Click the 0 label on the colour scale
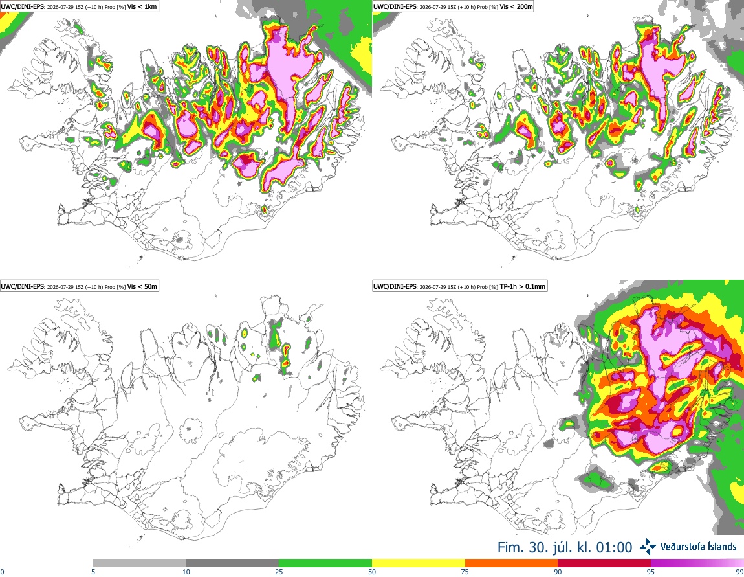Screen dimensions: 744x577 tap(2, 572)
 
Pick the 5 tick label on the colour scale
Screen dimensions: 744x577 tap(93, 572)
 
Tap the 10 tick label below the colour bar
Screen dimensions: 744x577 tap(186, 572)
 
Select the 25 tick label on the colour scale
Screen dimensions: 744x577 tap(279, 572)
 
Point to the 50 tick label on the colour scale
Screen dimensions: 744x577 tap(372, 572)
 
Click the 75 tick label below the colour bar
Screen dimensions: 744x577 tap(465, 572)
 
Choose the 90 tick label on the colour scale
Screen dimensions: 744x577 tap(558, 572)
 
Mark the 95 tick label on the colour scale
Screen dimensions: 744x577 tap(651, 572)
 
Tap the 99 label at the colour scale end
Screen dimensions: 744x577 tap(739, 572)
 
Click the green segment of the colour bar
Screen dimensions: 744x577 tap(325, 563)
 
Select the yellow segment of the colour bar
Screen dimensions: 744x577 tap(419, 563)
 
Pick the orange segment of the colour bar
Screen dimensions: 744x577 tap(512, 563)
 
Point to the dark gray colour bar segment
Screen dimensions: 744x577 tap(232, 563)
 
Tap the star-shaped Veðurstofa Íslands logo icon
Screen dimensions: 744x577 tap(648, 547)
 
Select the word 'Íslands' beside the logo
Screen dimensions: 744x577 tap(719, 547)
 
